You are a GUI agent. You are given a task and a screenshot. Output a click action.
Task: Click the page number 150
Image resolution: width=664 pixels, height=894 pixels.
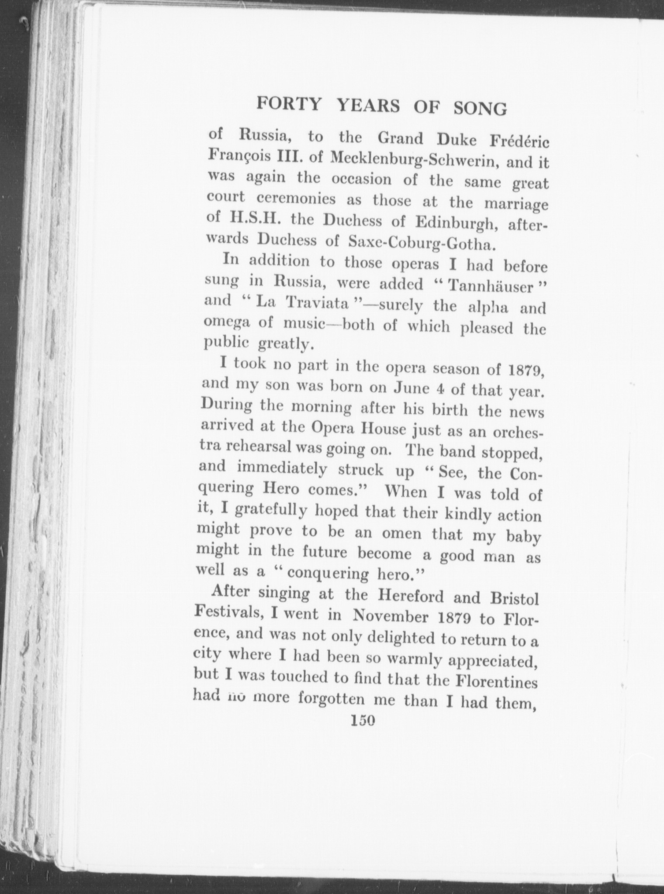363,721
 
